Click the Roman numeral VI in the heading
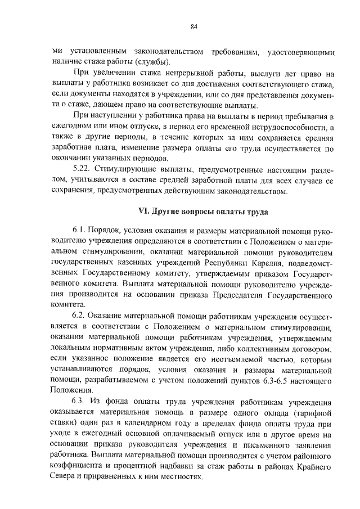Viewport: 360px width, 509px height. click(143, 212)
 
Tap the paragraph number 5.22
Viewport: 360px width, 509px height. click(83, 168)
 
